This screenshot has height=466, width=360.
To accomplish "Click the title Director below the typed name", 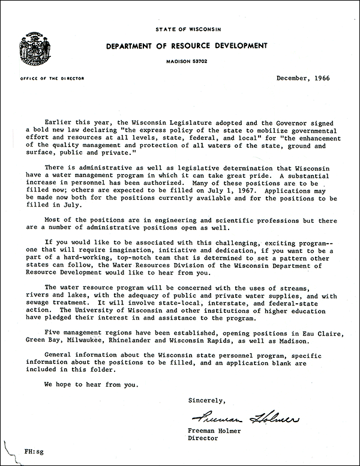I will (x=203, y=438).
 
